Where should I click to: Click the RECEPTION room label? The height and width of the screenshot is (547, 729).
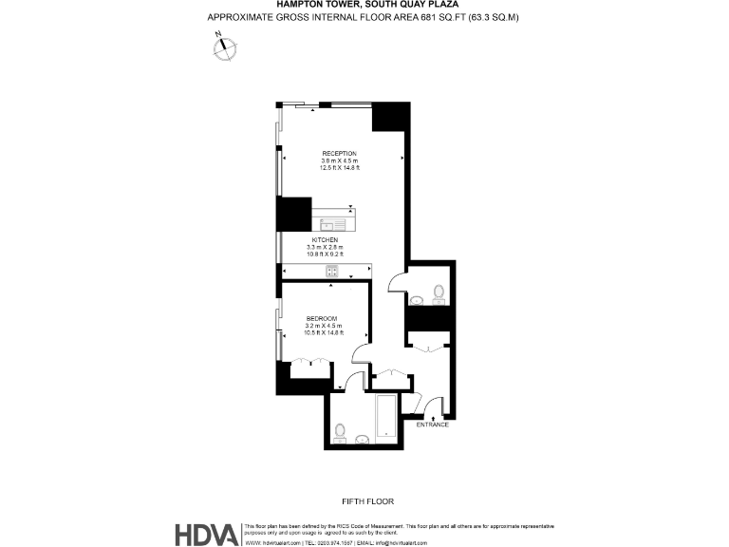(x=339, y=153)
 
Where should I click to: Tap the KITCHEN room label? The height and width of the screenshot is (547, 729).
(x=338, y=240)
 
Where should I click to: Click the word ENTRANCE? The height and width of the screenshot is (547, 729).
(x=432, y=424)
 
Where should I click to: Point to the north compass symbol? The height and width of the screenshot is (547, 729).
(x=225, y=47)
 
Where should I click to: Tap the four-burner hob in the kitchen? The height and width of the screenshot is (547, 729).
(x=333, y=272)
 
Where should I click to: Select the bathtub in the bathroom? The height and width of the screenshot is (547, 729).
(x=386, y=418)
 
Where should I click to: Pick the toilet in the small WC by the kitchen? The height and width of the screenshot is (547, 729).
(x=439, y=292)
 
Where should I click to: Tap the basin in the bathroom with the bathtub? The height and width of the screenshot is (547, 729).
(x=363, y=439)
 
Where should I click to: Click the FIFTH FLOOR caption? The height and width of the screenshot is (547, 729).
(x=367, y=500)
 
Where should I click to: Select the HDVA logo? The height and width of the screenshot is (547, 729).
(x=206, y=534)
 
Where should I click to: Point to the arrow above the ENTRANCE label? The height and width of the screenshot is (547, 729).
(x=433, y=414)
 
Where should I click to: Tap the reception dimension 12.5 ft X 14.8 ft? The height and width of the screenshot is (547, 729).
(x=339, y=168)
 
